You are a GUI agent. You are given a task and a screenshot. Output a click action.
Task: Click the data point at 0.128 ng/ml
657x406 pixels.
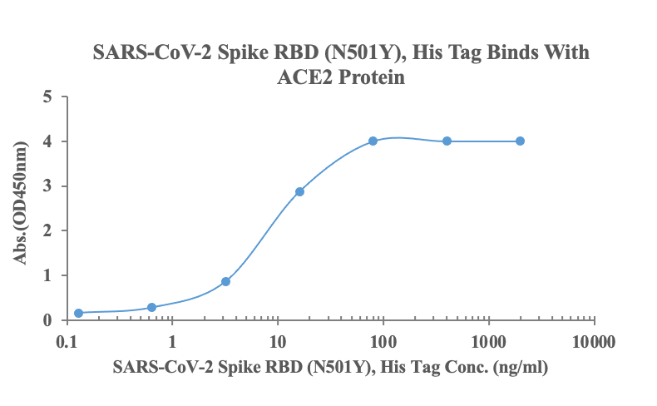pos(78,313)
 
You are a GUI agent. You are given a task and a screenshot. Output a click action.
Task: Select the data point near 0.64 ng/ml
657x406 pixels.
pos(151,307)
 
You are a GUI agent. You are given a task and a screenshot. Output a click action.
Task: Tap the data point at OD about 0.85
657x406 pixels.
pos(225,281)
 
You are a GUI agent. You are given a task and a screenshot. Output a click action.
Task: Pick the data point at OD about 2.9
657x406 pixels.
pos(299,191)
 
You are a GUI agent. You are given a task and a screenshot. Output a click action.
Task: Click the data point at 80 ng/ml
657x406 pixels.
pos(373,141)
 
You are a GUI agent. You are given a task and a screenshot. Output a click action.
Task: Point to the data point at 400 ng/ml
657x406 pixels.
pos(447,141)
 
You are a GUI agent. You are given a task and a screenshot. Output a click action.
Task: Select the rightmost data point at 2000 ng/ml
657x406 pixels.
pos(520,141)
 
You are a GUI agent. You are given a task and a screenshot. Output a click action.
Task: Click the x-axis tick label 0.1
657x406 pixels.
pos(67,341)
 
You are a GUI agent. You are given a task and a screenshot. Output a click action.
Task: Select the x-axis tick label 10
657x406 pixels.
pos(278,341)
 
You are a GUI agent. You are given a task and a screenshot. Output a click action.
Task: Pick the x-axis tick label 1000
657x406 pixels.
pos(489,341)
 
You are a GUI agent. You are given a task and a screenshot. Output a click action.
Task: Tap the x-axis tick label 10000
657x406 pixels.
pos(594,341)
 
